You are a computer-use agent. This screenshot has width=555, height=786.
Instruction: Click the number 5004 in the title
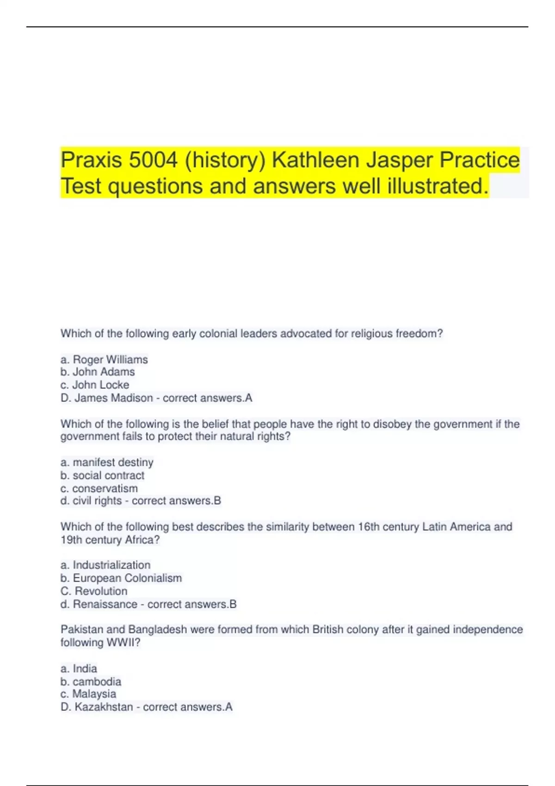point(153,160)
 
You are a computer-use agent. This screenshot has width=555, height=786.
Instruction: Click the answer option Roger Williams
point(110,359)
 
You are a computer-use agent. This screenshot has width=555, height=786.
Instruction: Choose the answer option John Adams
point(104,372)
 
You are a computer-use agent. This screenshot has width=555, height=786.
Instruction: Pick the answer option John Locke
point(100,385)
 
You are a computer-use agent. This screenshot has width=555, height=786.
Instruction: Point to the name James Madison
point(113,398)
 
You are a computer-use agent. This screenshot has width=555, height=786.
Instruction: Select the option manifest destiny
point(113,462)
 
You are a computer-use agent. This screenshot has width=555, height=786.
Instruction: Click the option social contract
point(108,475)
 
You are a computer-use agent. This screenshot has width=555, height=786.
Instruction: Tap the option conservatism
point(105,488)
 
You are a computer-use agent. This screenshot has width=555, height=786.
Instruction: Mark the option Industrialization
point(111,565)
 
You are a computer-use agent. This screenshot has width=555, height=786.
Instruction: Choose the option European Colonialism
point(127,578)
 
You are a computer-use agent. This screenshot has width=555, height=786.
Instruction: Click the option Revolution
point(101,591)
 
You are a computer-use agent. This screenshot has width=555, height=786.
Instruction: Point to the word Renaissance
point(105,604)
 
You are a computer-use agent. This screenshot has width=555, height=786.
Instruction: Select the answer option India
point(85,669)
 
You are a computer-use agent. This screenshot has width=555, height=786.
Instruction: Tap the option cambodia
point(97,682)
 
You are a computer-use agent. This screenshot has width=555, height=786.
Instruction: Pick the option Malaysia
point(94,694)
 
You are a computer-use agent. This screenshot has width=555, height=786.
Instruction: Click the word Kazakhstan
point(104,707)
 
